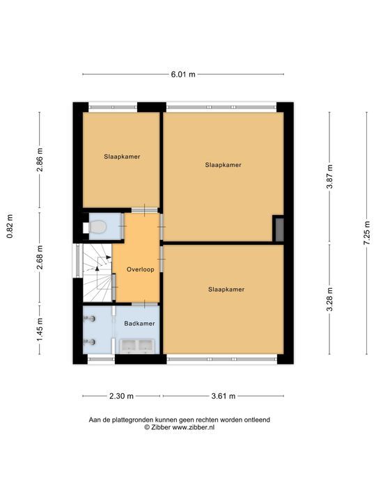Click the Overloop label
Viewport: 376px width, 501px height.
[140, 270]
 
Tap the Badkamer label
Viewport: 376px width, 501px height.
[139, 324]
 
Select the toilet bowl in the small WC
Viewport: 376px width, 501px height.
[97, 227]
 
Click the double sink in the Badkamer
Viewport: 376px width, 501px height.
[136, 346]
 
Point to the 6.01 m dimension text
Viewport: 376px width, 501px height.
[183, 74]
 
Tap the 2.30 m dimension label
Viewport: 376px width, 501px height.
[122, 397]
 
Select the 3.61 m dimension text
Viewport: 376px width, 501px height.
[223, 397]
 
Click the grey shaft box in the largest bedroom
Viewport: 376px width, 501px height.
[278, 229]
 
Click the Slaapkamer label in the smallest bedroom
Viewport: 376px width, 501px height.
[122, 157]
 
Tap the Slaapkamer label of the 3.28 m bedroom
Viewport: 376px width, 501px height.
[226, 289]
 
